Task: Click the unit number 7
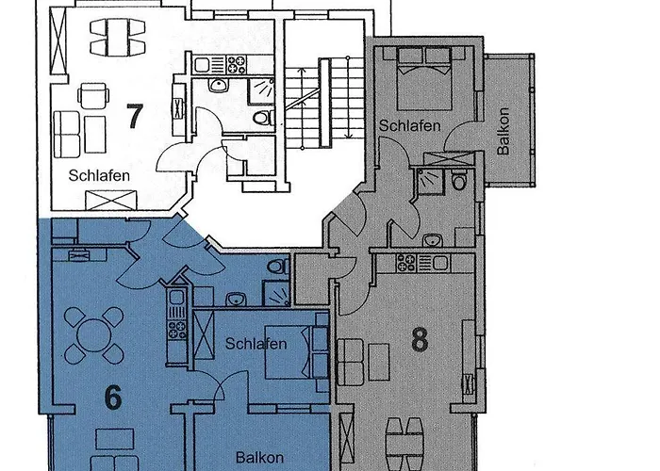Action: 135,117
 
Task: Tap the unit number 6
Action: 112,398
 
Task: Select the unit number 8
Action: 420,339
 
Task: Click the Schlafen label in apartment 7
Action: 99,175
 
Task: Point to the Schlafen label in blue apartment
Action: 256,344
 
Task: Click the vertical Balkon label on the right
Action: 503,137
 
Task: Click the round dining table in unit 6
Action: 93,336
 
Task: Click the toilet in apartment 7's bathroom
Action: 263,117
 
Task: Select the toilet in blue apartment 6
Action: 276,268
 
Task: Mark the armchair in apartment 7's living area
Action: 92,96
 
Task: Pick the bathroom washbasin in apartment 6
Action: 237,300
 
